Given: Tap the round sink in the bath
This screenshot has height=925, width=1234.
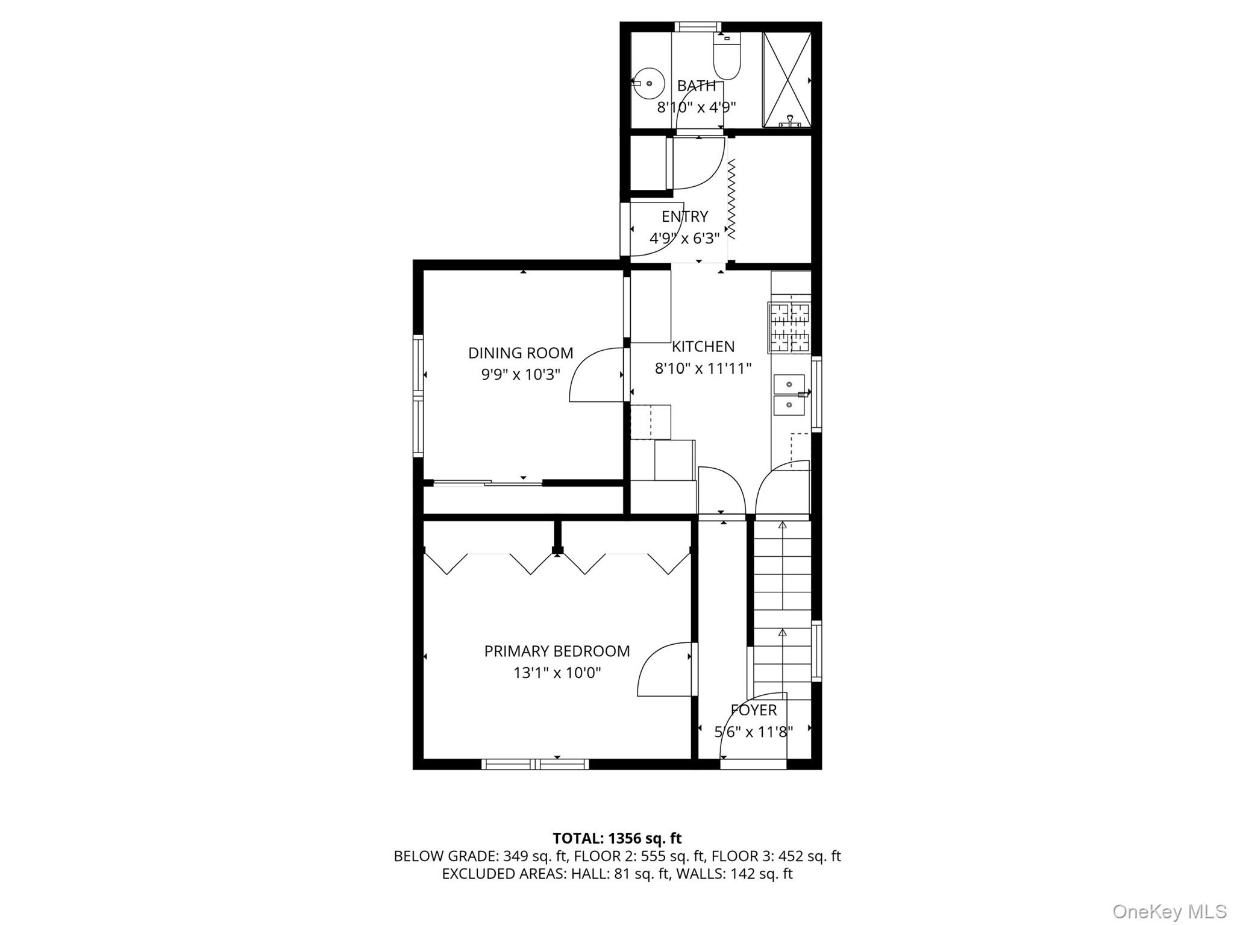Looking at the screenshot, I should (x=648, y=83).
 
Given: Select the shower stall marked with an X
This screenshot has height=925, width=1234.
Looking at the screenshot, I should (x=787, y=80).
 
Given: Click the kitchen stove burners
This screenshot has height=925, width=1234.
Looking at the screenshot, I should (x=789, y=328).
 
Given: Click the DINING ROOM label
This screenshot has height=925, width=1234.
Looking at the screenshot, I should (x=521, y=353).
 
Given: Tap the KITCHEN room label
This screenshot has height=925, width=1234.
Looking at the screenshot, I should (x=703, y=346).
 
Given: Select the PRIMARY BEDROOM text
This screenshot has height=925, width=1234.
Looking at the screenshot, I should (x=557, y=651).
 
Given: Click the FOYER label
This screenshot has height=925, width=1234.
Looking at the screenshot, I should (x=754, y=710).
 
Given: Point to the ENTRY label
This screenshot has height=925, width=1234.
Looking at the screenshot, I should (x=684, y=216).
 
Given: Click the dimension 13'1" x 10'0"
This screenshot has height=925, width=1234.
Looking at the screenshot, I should (x=557, y=673).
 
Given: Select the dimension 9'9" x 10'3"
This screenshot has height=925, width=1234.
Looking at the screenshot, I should (x=521, y=374).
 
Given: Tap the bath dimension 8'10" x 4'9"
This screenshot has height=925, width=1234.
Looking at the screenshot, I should (x=696, y=107).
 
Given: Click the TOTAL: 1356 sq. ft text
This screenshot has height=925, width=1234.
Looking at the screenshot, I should (x=617, y=838).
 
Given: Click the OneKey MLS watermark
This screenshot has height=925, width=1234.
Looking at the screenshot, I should (x=1169, y=911).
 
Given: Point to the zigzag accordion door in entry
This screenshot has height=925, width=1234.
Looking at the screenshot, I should (x=732, y=199).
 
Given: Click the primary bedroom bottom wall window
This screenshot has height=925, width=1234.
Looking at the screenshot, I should (x=535, y=764).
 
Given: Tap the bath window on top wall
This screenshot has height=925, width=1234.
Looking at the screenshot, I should (x=697, y=27).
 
